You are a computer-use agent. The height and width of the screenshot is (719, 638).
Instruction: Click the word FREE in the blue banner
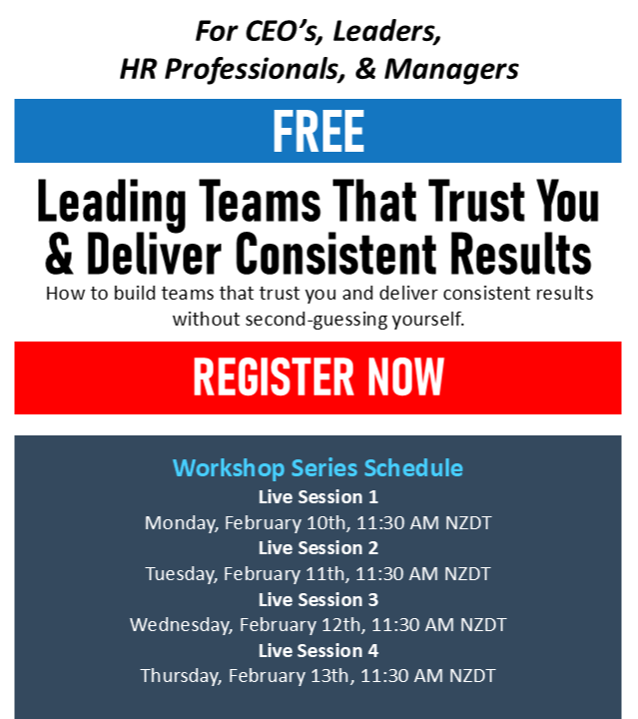(319, 131)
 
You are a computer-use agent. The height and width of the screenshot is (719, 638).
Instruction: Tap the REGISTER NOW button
(318, 377)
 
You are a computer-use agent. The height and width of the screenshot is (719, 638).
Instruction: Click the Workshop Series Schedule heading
(318, 468)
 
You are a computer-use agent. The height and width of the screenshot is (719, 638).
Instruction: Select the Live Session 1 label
(319, 497)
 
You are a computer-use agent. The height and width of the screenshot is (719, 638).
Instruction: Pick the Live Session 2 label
(319, 548)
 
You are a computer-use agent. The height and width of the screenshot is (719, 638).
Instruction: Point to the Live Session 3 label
(319, 600)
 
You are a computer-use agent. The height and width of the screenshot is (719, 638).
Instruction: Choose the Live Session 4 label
(319, 651)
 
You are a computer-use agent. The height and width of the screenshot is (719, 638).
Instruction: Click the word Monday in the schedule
(182, 523)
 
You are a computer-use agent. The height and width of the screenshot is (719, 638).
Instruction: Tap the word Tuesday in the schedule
(182, 574)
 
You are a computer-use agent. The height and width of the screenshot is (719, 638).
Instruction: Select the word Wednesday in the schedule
(182, 625)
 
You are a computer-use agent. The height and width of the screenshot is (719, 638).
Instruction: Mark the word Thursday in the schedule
(182, 676)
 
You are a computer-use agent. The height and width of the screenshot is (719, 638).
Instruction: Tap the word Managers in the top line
(451, 70)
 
